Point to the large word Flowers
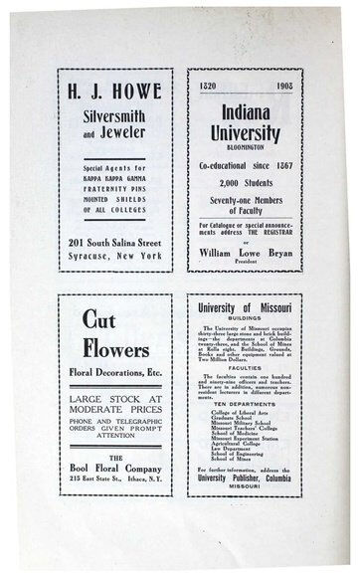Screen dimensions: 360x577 [x=110, y=350]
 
